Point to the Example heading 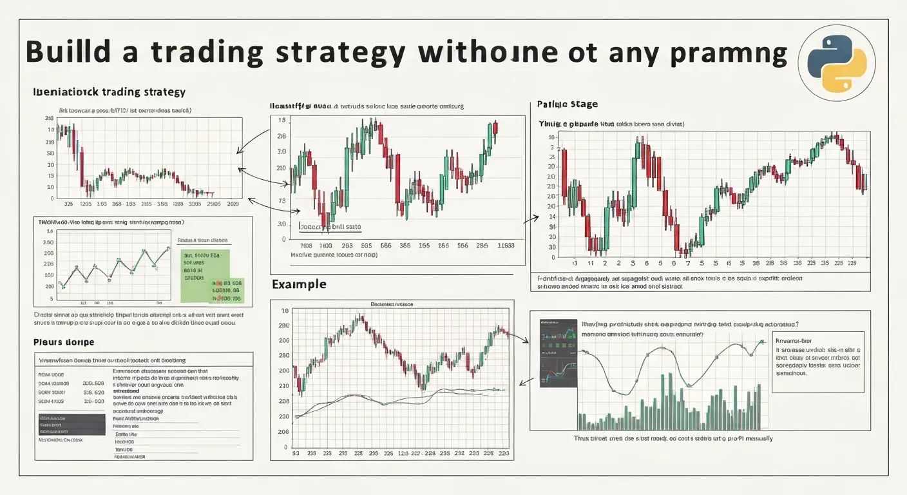pyautogui.click(x=299, y=284)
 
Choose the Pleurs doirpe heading pyautogui.click(x=63, y=342)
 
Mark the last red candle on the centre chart pyautogui.click(x=495, y=127)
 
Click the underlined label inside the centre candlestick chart pyautogui.click(x=330, y=227)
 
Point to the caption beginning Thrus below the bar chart pyautogui.click(x=673, y=438)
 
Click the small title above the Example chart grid pyautogui.click(x=392, y=303)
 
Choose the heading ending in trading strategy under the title pyautogui.click(x=109, y=92)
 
